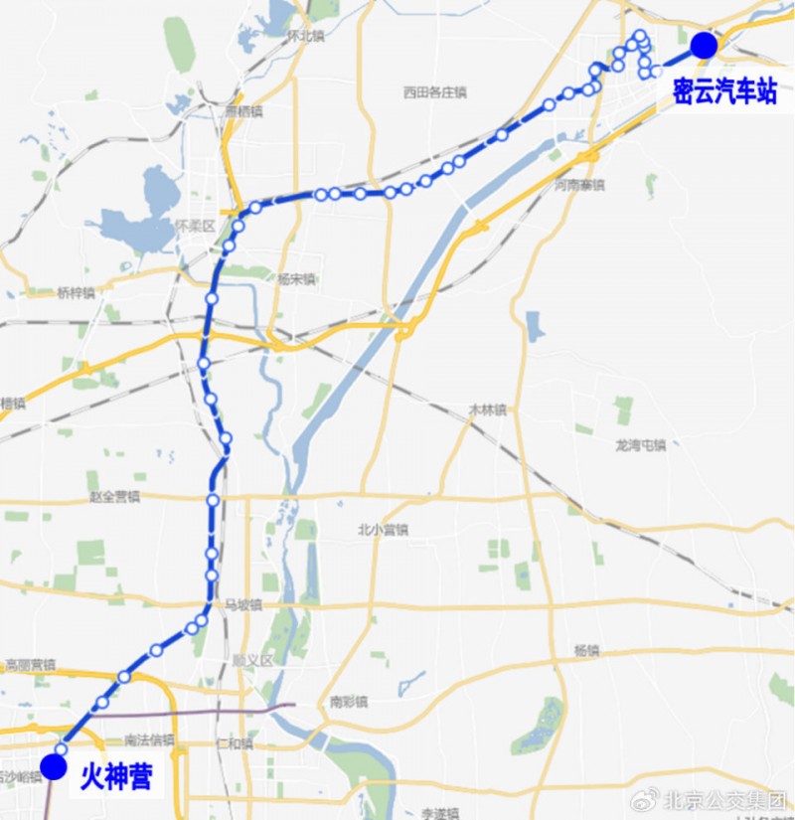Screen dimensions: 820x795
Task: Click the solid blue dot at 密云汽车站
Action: click(x=704, y=45)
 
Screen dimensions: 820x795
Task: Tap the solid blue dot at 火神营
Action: click(x=54, y=768)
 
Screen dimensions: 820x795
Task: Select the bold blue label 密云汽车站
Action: click(x=723, y=92)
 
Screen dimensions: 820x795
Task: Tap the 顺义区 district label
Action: click(x=252, y=660)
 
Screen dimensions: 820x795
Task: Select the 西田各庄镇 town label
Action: click(x=434, y=92)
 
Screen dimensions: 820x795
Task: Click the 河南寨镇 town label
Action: click(x=579, y=185)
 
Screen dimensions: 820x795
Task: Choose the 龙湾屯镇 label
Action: click(x=640, y=445)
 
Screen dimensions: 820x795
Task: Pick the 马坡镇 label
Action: click(x=242, y=604)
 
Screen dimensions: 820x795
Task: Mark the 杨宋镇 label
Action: click(x=296, y=279)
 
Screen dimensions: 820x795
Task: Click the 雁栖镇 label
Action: click(x=243, y=111)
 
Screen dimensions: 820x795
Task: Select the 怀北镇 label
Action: click(x=305, y=35)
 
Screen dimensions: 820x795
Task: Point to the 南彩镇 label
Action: click(x=349, y=702)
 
